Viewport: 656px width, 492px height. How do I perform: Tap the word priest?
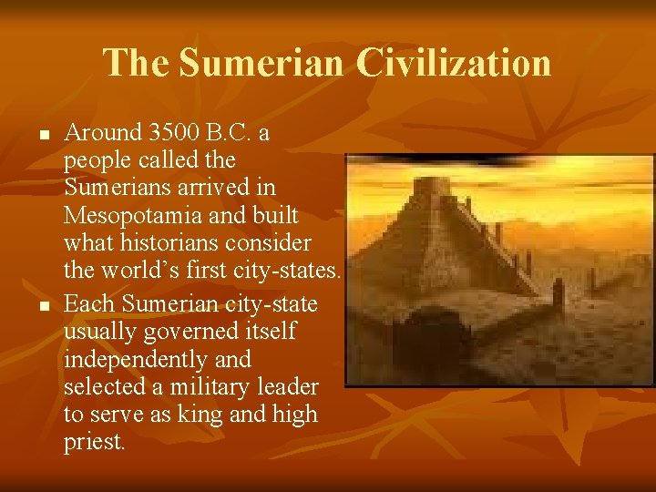click(94, 442)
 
